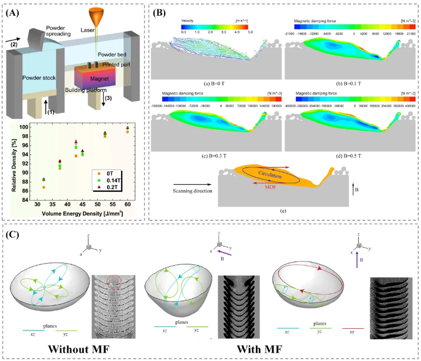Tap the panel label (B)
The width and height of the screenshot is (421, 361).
(x=162, y=10)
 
